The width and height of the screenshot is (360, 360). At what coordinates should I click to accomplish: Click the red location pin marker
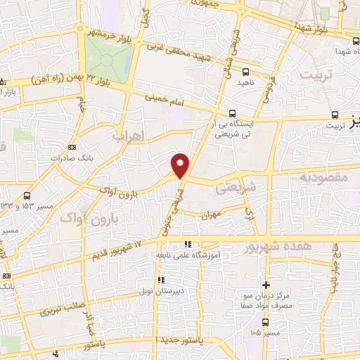[x=181, y=165]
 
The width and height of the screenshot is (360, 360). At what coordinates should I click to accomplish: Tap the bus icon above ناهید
[x=245, y=72]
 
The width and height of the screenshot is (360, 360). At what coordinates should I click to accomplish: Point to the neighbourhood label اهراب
[x=127, y=134]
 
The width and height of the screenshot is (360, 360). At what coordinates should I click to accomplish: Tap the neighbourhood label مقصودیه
[x=323, y=177]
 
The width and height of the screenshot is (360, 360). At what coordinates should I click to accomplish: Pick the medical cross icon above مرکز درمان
[x=266, y=285]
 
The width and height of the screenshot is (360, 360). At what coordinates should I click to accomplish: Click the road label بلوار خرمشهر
[x=112, y=33]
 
